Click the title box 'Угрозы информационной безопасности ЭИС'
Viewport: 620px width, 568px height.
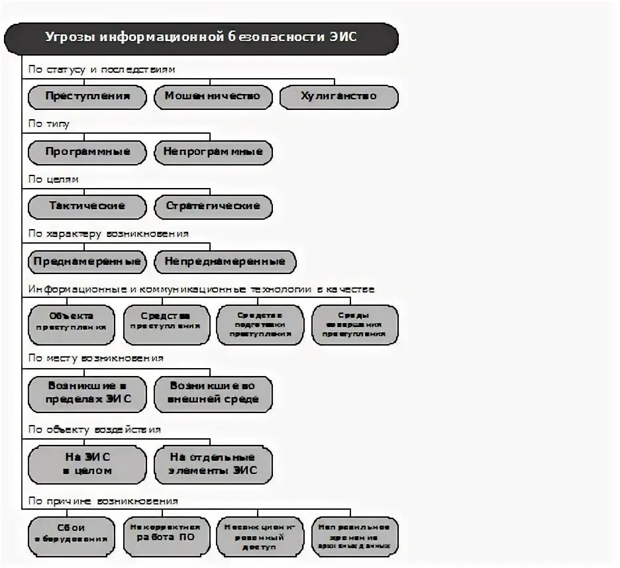[201, 38]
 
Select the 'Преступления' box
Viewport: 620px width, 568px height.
[87, 97]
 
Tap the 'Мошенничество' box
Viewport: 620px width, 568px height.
[213, 97]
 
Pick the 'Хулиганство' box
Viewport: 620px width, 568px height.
[338, 97]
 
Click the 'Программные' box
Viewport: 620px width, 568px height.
[87, 152]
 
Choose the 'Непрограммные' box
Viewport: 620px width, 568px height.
[213, 152]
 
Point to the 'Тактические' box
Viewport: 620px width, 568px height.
[87, 207]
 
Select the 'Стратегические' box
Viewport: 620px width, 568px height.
[213, 207]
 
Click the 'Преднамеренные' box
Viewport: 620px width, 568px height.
[87, 261]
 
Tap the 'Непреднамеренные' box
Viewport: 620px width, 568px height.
[225, 261]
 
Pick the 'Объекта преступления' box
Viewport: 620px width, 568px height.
[72, 324]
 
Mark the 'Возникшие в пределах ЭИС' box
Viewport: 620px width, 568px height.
[87, 393]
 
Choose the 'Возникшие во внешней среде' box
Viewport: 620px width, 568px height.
[213, 393]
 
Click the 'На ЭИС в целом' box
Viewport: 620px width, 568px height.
[87, 464]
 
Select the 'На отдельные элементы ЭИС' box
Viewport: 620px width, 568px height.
[213, 464]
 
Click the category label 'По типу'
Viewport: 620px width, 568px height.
[48, 124]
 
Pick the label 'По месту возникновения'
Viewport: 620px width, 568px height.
[95, 358]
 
